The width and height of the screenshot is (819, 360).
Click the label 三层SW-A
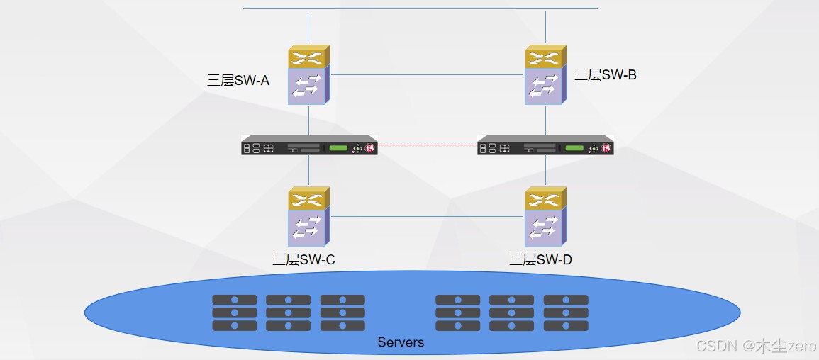(x=238, y=80)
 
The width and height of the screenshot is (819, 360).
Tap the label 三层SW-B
(x=606, y=74)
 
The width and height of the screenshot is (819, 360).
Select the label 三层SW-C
(x=303, y=259)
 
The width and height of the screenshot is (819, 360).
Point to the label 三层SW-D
(x=540, y=259)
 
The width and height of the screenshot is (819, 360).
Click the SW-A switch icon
(x=308, y=74)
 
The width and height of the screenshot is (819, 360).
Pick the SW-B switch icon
(x=546, y=74)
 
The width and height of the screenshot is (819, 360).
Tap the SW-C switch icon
(x=308, y=217)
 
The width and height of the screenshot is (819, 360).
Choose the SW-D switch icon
(x=546, y=217)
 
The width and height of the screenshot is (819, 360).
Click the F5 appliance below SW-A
(x=309, y=145)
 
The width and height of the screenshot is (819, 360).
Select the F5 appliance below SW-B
(x=545, y=145)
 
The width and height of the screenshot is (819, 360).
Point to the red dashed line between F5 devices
(x=428, y=145)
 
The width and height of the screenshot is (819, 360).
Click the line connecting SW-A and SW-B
(x=428, y=74)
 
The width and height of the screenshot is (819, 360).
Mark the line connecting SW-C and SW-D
(x=428, y=217)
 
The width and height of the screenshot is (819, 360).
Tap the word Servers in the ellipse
(x=401, y=342)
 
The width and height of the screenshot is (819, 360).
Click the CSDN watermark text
(x=756, y=345)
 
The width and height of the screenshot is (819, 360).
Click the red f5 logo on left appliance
(x=370, y=149)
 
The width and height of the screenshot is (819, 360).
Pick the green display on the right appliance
(x=574, y=148)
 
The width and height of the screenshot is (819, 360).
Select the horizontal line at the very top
(x=420, y=8)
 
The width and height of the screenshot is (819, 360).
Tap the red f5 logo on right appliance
(x=606, y=149)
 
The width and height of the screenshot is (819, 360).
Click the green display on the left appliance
(x=338, y=148)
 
